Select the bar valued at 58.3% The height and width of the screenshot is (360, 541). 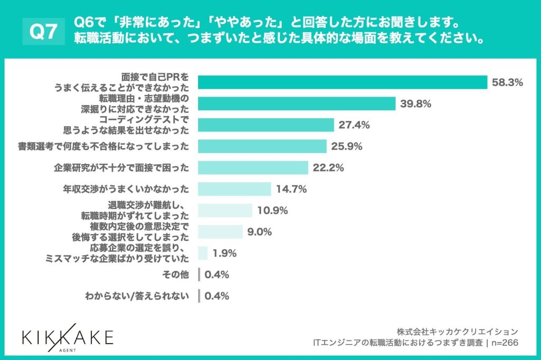point(342,82)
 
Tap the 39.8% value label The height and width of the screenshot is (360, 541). point(416,104)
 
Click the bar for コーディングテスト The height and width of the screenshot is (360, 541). point(266,125)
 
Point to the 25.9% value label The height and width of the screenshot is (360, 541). point(347,147)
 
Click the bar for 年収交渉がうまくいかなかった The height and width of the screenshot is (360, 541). point(235,189)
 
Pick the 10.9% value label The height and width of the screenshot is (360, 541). point(273,211)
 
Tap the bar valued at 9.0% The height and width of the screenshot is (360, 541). point(220,232)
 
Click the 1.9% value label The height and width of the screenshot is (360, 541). point(224,253)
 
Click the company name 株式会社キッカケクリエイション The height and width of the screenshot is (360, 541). point(458,331)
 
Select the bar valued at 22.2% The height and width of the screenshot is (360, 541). point(253,168)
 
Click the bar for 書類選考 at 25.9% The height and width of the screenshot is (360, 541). point(262,147)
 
